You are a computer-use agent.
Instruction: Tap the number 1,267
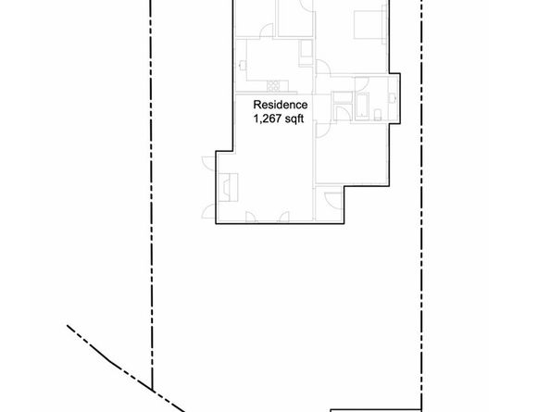(269, 118)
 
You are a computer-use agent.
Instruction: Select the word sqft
(297, 118)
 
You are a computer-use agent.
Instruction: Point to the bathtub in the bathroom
(364, 105)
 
